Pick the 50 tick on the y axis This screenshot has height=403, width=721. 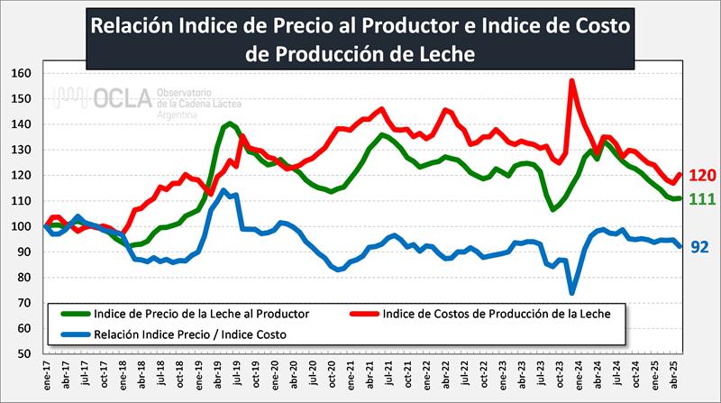pyautogui.click(x=24, y=354)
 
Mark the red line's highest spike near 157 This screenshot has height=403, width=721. pyautogui.click(x=572, y=81)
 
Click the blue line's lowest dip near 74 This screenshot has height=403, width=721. pyautogui.click(x=572, y=292)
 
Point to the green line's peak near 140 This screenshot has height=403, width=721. pyautogui.click(x=230, y=124)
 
